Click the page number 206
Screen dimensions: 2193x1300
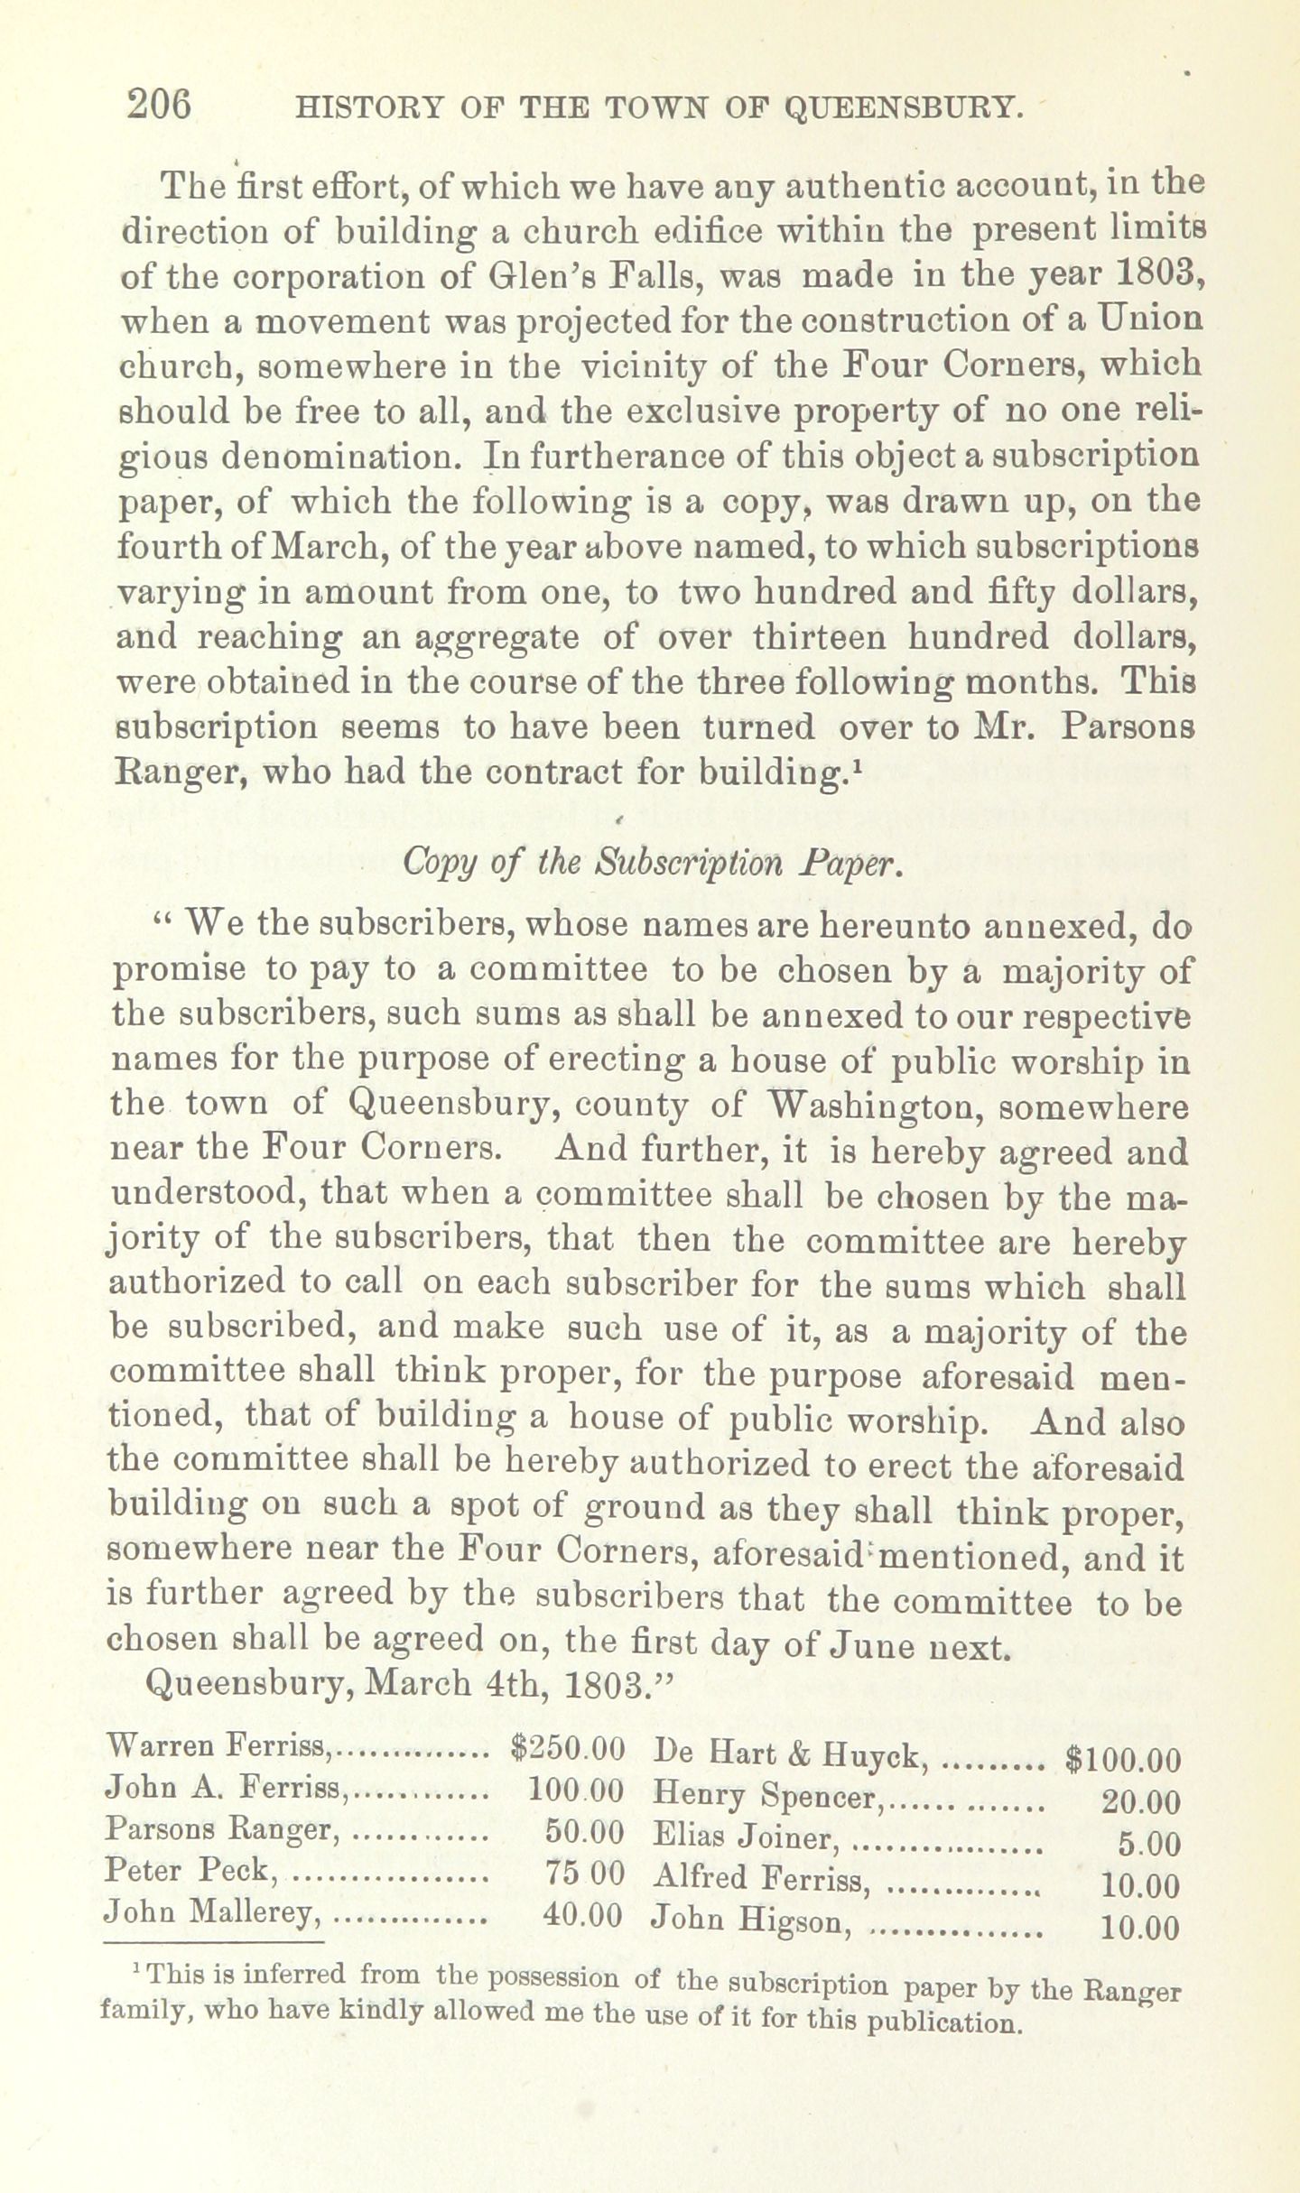click(x=160, y=106)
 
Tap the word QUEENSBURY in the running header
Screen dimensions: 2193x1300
click(x=903, y=108)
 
